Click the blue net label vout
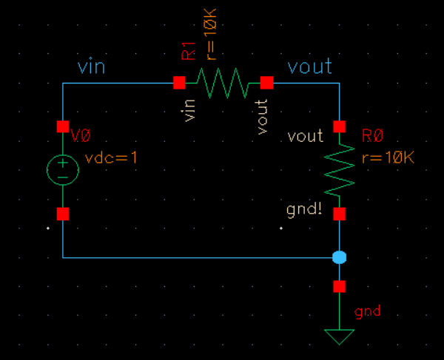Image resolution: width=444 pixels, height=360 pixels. click(x=309, y=67)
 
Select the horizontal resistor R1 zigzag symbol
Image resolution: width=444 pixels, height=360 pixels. click(x=223, y=83)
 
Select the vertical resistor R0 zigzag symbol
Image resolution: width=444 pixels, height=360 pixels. click(x=340, y=169)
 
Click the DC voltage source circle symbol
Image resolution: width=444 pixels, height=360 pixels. click(x=63, y=170)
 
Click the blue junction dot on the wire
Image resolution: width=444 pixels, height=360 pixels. click(x=340, y=258)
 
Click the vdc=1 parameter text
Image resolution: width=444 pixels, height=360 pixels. click(x=112, y=158)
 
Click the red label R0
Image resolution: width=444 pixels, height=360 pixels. click(x=372, y=137)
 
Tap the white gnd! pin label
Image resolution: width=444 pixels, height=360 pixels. click(x=304, y=210)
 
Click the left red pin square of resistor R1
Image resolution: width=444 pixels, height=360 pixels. click(x=179, y=83)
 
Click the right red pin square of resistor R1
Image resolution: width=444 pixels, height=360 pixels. click(x=266, y=83)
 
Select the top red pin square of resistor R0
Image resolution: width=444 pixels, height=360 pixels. click(x=340, y=126)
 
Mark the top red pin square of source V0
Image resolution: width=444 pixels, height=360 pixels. click(x=63, y=126)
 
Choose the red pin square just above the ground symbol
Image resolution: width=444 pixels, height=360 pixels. click(x=340, y=286)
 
